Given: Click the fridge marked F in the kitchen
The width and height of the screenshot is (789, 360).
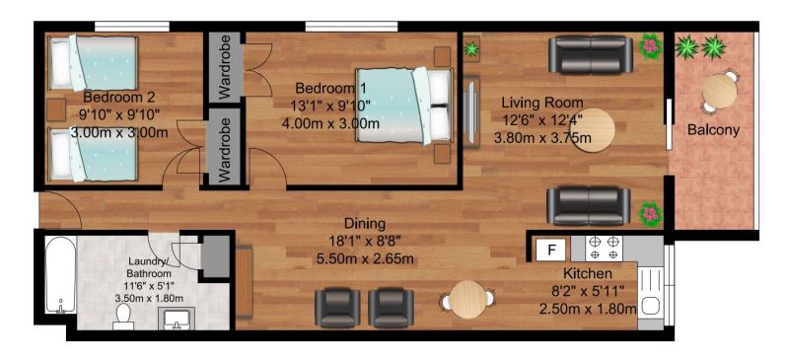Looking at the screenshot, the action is click(x=551, y=250).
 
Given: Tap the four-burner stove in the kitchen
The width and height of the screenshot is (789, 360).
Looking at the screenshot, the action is click(x=604, y=248).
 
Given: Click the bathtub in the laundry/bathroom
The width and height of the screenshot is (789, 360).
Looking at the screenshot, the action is click(x=60, y=274).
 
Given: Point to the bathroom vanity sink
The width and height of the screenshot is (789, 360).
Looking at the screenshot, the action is click(x=175, y=319).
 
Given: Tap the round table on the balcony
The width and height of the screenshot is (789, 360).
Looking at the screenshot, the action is click(x=720, y=91).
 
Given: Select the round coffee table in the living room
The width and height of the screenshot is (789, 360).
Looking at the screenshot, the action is click(x=594, y=130).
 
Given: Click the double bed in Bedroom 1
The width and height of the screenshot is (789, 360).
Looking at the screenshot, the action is click(x=403, y=106).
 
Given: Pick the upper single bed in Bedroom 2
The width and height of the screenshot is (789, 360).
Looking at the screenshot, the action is click(x=93, y=62).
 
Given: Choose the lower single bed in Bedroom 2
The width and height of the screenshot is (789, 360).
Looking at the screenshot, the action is click(x=93, y=154).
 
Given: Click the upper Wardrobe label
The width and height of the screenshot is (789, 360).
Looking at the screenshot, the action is click(x=225, y=66).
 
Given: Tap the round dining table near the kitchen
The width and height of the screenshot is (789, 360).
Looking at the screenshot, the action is click(x=467, y=300).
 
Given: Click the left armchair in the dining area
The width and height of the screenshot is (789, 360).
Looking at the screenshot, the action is click(x=337, y=308).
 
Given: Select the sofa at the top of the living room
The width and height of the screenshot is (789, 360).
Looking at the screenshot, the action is click(x=591, y=55).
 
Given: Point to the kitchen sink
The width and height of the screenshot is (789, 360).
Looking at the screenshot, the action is click(x=651, y=298).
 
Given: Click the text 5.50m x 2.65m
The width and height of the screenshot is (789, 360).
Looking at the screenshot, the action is click(x=365, y=259).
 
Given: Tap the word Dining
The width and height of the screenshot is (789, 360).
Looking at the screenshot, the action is click(x=365, y=223).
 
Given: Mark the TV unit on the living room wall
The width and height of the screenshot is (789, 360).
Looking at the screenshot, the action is click(x=470, y=111).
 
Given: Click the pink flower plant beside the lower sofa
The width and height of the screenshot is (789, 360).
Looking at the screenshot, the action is click(x=650, y=214).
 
